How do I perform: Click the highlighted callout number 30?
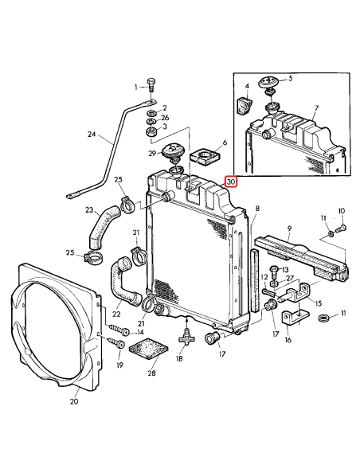[231, 182]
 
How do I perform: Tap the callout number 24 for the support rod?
[91, 135]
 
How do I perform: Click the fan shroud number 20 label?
[73, 401]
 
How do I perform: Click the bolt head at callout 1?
[151, 86]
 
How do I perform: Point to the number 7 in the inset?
[316, 107]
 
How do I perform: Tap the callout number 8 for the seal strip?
[257, 209]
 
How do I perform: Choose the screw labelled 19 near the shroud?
[112, 344]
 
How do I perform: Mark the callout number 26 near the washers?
[165, 117]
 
